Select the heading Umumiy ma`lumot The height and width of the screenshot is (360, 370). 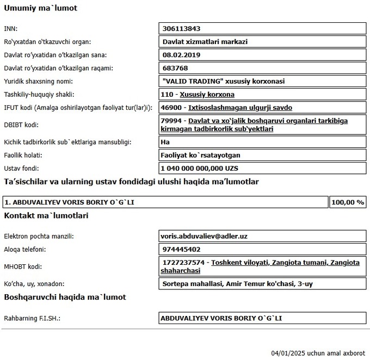(40, 8)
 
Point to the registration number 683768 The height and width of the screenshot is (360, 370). (175, 68)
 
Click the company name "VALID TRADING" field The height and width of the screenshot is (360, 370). (224, 81)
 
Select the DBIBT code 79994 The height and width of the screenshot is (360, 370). (173, 121)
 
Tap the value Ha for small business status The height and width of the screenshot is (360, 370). (166, 142)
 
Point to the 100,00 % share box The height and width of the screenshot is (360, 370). (347, 202)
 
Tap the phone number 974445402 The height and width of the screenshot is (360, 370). (181, 250)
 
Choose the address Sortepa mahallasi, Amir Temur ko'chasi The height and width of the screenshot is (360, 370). (237, 283)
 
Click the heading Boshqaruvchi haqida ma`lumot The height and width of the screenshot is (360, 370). (65, 297)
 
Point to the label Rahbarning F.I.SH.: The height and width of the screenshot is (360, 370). (32, 318)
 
